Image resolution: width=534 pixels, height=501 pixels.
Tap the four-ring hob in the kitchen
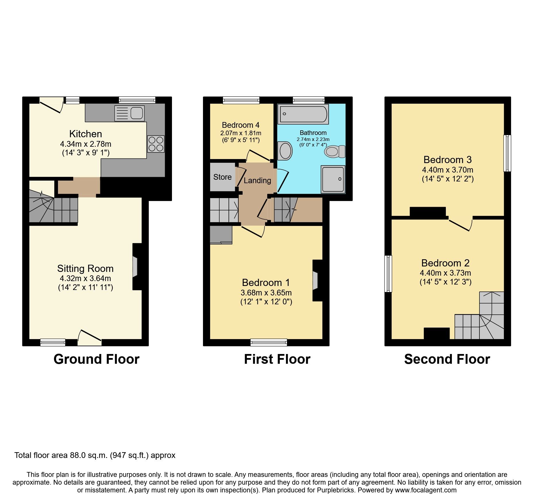coord(156,144)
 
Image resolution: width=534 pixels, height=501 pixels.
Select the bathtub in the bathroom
coord(303,114)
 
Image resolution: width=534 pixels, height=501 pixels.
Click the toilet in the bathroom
coord(335,151)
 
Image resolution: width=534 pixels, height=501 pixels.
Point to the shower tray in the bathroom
coord(333,179)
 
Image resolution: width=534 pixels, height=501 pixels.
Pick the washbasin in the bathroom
coord(285,151)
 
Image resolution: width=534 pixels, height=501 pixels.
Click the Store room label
coord(222,177)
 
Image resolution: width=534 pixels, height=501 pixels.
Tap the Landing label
coord(257,181)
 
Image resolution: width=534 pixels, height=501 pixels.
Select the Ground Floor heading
coord(96,359)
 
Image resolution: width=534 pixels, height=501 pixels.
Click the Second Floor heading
coord(447,359)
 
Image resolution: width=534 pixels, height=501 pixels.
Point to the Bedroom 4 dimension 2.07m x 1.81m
coord(241,133)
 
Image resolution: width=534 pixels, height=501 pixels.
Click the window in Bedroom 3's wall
coord(508,153)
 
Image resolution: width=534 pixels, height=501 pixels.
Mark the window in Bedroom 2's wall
coord(388,274)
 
